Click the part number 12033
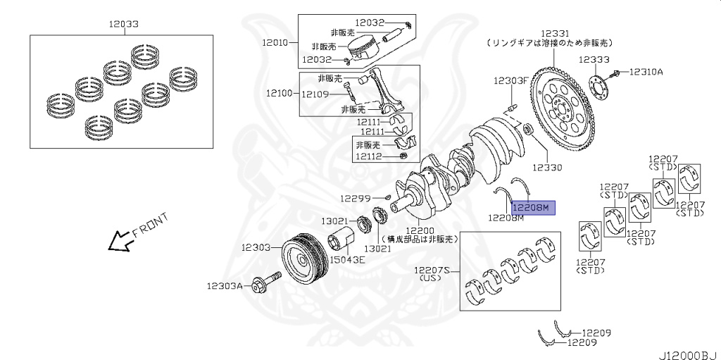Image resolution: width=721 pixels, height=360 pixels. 123,23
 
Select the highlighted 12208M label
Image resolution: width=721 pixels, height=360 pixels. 533,207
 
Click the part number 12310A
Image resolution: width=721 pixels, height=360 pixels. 646,72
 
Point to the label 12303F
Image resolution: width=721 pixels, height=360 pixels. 510,80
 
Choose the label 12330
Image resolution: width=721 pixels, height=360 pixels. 547,168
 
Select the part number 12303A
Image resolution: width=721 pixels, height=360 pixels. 225,286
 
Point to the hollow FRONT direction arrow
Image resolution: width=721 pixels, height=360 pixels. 118,241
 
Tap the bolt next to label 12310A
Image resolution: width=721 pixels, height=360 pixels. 617,73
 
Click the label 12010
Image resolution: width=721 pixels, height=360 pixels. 275,42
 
